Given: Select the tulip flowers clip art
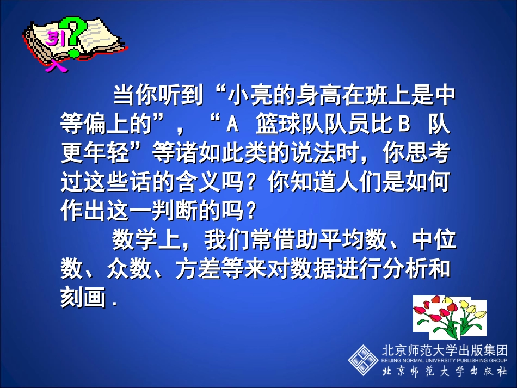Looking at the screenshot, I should pos(449,317).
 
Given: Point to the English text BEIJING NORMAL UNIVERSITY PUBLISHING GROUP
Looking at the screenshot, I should pos(445,360).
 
